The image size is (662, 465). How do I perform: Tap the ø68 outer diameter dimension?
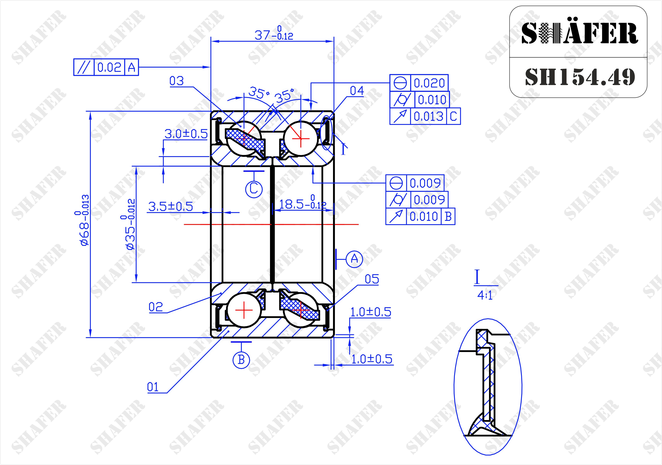pyautogui.click(x=82, y=220)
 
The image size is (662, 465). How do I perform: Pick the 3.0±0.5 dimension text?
pyautogui.click(x=186, y=134)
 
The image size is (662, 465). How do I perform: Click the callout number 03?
pyautogui.click(x=176, y=81)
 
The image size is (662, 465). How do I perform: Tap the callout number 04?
pyautogui.click(x=357, y=91)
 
